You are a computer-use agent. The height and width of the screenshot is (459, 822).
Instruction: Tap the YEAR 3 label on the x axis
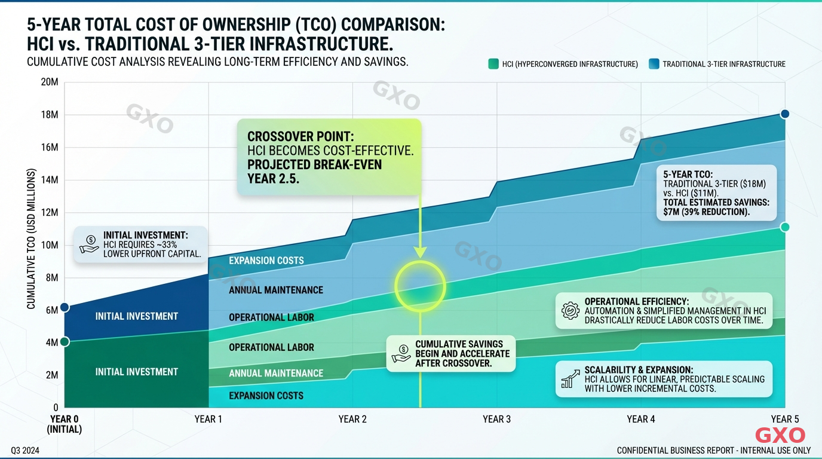496,419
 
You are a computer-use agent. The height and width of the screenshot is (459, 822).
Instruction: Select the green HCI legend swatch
493,64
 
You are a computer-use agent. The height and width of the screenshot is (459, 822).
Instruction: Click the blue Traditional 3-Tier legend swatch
654,64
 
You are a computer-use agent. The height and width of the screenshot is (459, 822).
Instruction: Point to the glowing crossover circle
421,286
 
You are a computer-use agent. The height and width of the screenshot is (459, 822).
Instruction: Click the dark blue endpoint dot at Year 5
785,114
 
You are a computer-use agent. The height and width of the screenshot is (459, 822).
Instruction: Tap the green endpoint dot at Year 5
785,227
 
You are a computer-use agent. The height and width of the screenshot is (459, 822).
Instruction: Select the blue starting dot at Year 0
65,307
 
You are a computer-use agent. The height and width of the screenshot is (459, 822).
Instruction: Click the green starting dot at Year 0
65,341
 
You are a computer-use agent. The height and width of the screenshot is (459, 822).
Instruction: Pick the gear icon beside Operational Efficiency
571,311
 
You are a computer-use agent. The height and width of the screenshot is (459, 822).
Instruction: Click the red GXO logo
780,435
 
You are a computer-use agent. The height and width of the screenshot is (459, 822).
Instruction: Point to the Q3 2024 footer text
26,449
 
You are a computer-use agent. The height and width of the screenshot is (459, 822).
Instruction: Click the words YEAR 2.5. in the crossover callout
274,178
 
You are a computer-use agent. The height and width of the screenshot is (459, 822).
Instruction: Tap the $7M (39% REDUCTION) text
707,212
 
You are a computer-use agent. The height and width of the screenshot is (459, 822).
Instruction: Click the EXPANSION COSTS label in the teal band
266,396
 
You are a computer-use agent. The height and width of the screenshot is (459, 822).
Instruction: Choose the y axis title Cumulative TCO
31,239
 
